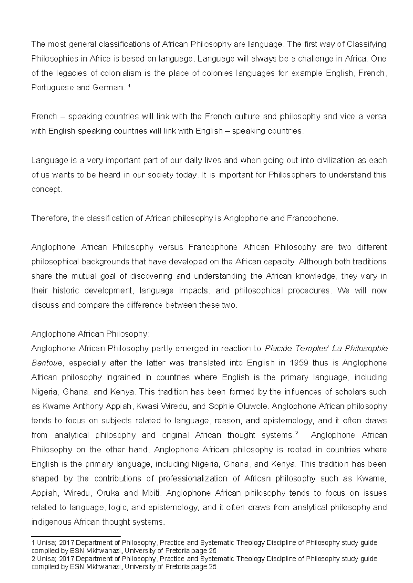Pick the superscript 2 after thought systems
tap(297, 433)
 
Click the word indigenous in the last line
tap(51, 522)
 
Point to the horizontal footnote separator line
tap(76, 536)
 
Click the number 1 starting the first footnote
tap(33, 543)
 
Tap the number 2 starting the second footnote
tap(33, 559)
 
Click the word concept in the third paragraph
tap(46, 190)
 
